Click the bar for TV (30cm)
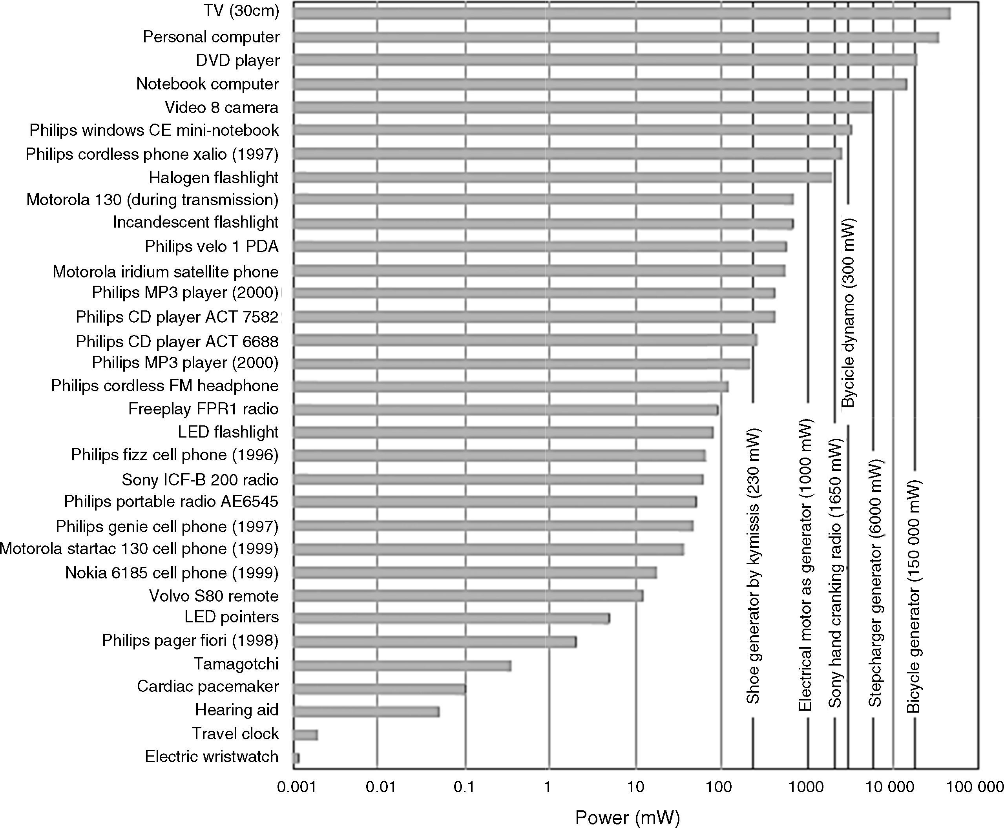coord(620,13)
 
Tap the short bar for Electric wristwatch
coord(297,758)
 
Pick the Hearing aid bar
coord(366,711)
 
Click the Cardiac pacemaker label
coord(208,686)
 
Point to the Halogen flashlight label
coord(213,177)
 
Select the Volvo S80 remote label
coord(213,596)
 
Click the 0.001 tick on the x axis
coord(296,786)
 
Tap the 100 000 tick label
coord(975,786)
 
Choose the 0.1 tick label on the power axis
coord(464,786)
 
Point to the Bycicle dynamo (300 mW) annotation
coord(849,313)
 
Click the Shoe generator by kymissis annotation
coord(753,567)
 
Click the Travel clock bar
coord(305,735)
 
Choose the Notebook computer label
coord(208,84)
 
